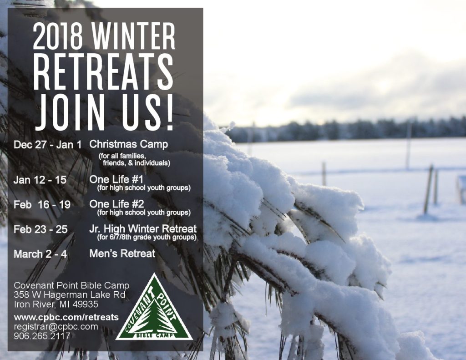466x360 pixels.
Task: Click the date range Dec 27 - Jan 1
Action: click(x=47, y=145)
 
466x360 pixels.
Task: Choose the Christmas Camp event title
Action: click(x=129, y=144)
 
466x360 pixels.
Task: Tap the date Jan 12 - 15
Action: click(x=40, y=180)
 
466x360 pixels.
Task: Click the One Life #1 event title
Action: click(x=116, y=179)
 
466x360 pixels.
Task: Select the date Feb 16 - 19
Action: click(x=42, y=204)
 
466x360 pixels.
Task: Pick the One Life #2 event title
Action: click(x=117, y=204)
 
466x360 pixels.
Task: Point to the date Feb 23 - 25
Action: click(x=41, y=229)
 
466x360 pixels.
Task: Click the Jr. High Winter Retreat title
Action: click(x=143, y=228)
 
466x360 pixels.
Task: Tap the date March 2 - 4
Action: click(x=41, y=254)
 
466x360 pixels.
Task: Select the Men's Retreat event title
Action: click(x=122, y=254)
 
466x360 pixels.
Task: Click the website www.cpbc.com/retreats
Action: click(x=66, y=317)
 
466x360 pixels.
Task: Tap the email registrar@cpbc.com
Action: click(x=56, y=326)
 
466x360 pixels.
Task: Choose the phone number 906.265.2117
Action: click(x=42, y=336)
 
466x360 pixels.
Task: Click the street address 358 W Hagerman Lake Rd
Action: click(x=70, y=295)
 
